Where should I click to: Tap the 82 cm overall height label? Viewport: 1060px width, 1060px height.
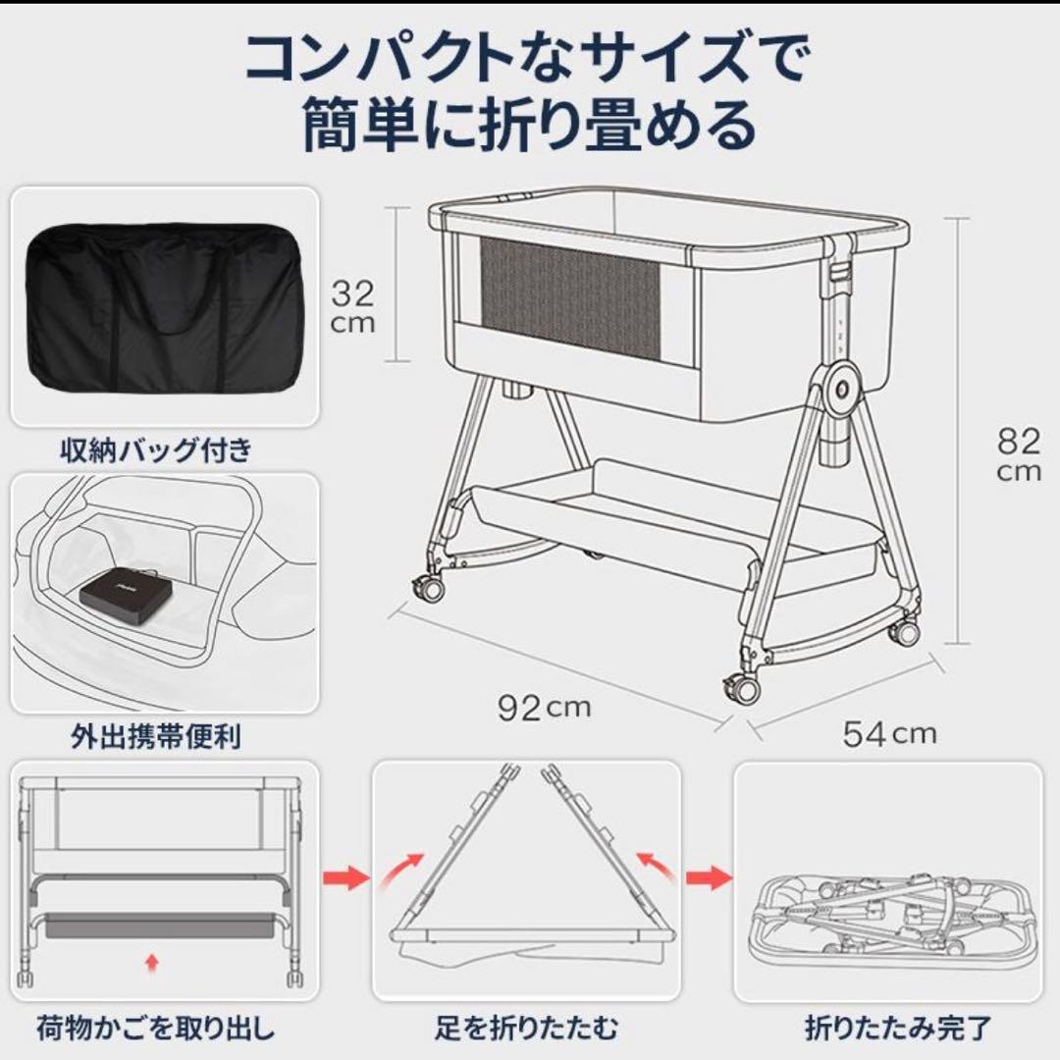(x=1018, y=454)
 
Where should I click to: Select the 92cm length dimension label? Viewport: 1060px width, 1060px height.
(x=543, y=708)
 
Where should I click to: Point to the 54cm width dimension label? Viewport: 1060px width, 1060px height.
(x=889, y=732)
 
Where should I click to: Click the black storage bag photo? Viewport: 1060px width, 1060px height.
(x=164, y=307)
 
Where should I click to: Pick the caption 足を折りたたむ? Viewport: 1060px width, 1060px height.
(x=527, y=1029)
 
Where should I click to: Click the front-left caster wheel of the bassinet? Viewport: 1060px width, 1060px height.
(x=428, y=590)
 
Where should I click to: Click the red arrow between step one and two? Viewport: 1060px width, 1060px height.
(x=345, y=874)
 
